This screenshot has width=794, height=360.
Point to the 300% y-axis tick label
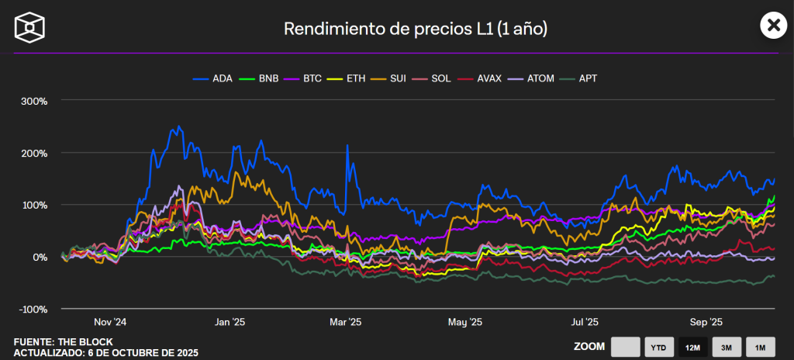[34, 101]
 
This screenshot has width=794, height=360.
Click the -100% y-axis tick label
[33, 309]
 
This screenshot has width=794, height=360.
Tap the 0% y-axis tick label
[40, 257]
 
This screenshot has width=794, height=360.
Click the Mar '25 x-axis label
[346, 321]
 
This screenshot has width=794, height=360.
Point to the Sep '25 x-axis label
[706, 321]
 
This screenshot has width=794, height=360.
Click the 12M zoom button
[693, 348]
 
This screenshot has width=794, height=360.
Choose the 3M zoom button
[727, 348]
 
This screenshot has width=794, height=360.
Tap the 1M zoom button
[761, 348]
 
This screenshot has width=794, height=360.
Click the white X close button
[772, 26]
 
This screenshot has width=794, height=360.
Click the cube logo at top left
[29, 27]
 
